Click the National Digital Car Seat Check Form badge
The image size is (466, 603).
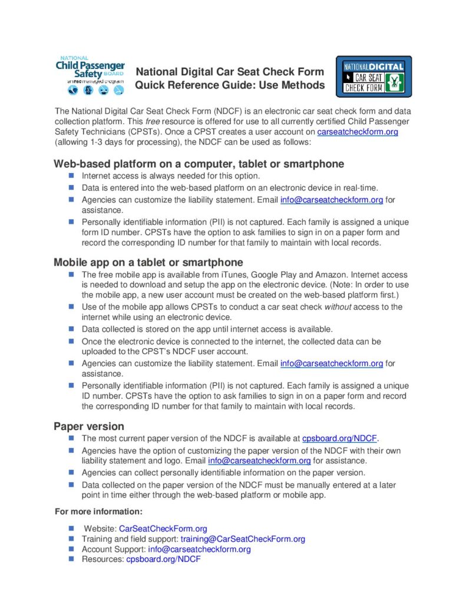point(374,77)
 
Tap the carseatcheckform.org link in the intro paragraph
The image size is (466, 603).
point(358,132)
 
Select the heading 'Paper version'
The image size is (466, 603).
point(89,426)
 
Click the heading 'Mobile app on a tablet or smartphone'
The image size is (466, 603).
point(148,262)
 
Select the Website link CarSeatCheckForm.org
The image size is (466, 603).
point(163,529)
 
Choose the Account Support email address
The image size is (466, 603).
point(199,549)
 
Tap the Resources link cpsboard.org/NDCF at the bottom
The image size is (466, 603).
point(163,559)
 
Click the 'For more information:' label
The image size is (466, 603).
point(98,511)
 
